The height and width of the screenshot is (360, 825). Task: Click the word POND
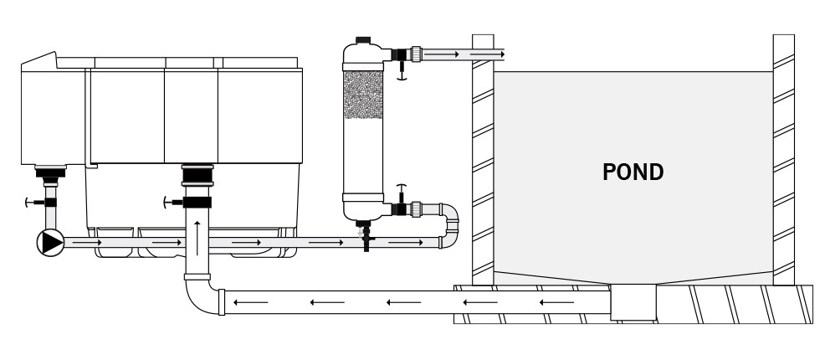coord(633,172)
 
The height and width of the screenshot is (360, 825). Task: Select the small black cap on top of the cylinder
coord(362,39)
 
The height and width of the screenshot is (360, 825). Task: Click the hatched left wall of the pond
coord(482,159)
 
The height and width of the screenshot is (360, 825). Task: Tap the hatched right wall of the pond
coord(783,159)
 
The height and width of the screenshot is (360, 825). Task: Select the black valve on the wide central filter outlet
coord(197,202)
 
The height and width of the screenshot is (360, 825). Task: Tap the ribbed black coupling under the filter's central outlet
coord(197,177)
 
